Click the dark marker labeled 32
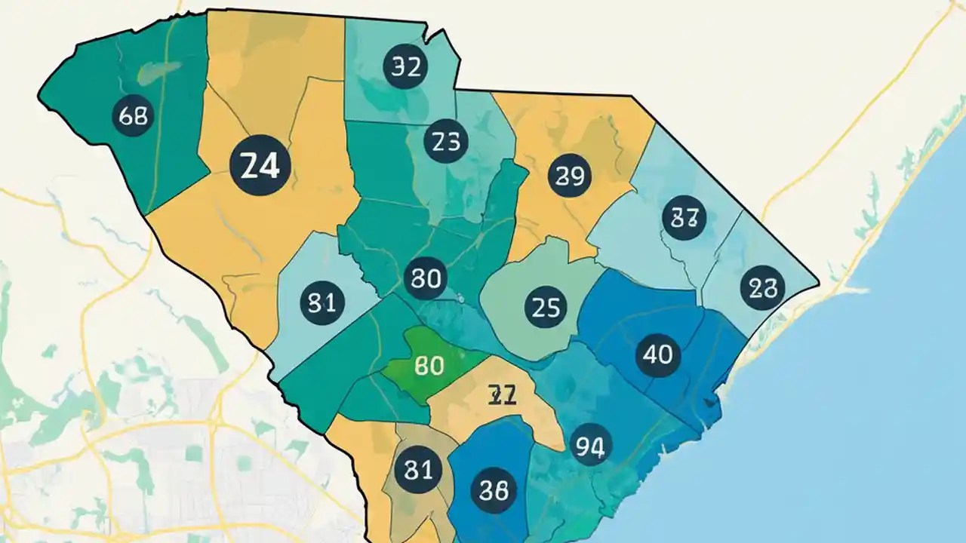point(406,67)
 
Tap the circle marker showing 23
point(446,142)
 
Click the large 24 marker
point(260,165)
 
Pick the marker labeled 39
point(570,176)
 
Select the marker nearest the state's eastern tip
point(763,288)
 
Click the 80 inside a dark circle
point(426,279)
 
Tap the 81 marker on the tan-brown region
point(417,470)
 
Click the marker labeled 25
point(544,308)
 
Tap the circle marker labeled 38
point(494,490)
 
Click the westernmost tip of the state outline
point(38,95)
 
